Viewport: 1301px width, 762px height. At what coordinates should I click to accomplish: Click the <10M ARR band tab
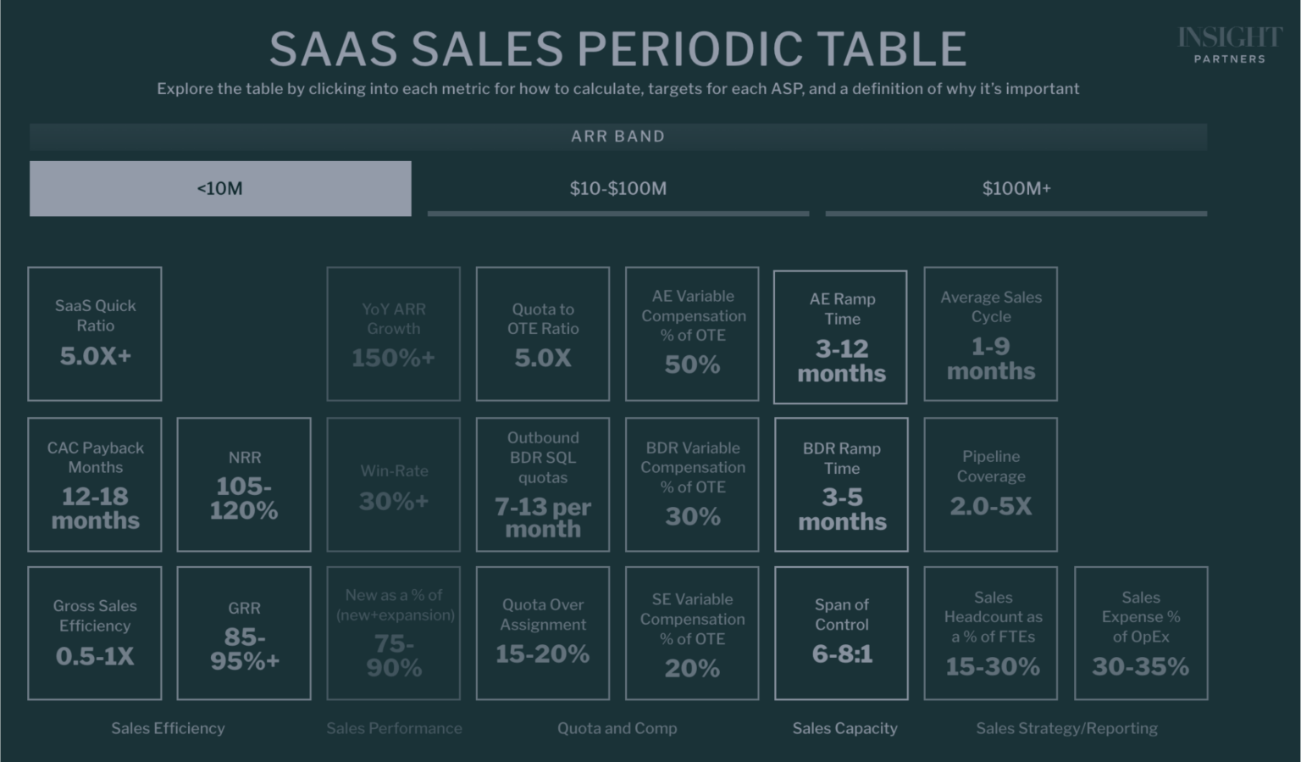tap(220, 188)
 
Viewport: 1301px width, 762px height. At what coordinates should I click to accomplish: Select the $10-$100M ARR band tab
tap(617, 188)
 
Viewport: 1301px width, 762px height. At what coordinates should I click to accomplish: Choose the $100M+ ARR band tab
tap(1016, 188)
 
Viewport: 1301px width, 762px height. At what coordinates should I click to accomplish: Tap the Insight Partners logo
tap(1229, 45)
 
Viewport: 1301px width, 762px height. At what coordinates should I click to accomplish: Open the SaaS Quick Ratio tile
tap(95, 333)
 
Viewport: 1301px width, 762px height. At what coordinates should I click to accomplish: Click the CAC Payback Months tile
tap(95, 484)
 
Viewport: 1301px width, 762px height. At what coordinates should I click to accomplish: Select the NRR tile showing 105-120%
tap(244, 484)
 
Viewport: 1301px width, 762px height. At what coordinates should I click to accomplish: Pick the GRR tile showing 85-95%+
tap(244, 633)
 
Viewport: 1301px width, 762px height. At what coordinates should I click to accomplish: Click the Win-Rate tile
tap(394, 484)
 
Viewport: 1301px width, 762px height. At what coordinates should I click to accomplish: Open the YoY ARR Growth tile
tap(394, 333)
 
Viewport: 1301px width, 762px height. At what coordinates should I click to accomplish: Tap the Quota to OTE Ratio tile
tap(543, 333)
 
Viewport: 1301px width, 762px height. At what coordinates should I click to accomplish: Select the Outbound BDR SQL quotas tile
tap(543, 484)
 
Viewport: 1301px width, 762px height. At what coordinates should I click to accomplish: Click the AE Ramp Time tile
tap(841, 337)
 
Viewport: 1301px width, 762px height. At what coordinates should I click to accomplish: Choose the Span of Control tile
tap(841, 633)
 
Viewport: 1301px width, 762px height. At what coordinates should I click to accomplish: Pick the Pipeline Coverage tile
tap(990, 484)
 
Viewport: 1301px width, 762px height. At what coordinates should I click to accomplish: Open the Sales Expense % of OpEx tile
tap(1140, 633)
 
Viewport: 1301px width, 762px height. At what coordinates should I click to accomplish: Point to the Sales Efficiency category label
tap(168, 728)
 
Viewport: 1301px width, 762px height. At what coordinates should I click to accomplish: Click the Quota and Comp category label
tap(617, 728)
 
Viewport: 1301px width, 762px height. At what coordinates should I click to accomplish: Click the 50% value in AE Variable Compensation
tap(692, 364)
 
